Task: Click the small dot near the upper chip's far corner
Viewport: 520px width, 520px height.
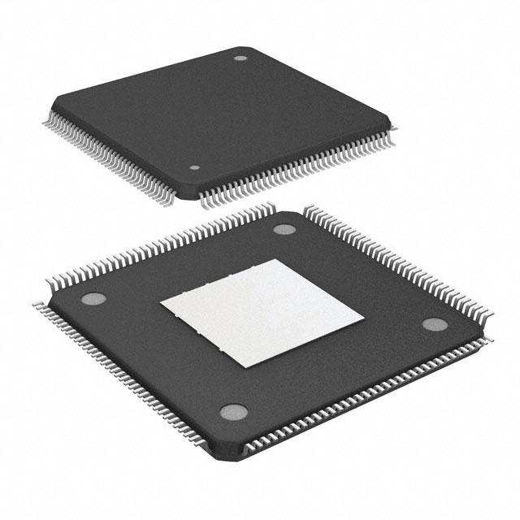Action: pos(240,58)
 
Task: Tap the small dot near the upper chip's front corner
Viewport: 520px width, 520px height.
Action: pos(194,168)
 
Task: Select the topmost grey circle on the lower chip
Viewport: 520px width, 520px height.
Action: pos(284,229)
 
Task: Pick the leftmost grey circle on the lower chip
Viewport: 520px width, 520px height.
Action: pos(92,298)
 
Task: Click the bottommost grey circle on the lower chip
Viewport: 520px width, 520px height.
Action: pos(233,411)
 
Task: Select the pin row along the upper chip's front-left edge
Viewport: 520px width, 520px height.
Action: pos(114,158)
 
